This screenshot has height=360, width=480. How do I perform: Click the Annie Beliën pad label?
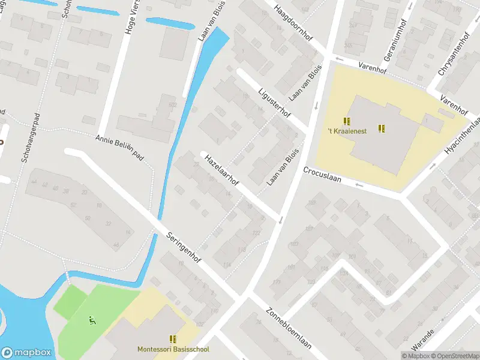pos(121,146)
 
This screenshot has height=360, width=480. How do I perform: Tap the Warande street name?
pos(422,340)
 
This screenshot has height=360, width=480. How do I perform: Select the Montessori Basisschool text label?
pos(173,349)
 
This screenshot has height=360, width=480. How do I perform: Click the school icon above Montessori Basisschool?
pos(173,340)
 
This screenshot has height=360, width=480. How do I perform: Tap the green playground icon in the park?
pos(92,320)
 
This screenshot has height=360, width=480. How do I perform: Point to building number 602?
pos(173,104)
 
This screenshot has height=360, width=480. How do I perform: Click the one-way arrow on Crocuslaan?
pos(359,185)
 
